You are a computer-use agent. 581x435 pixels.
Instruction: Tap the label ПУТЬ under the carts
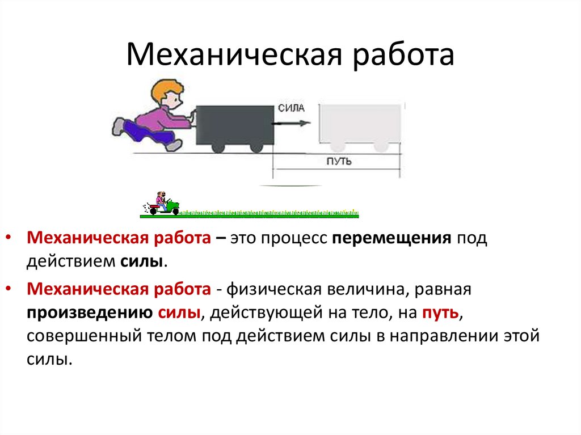click(339, 162)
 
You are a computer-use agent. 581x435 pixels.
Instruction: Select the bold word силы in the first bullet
click(143, 261)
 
